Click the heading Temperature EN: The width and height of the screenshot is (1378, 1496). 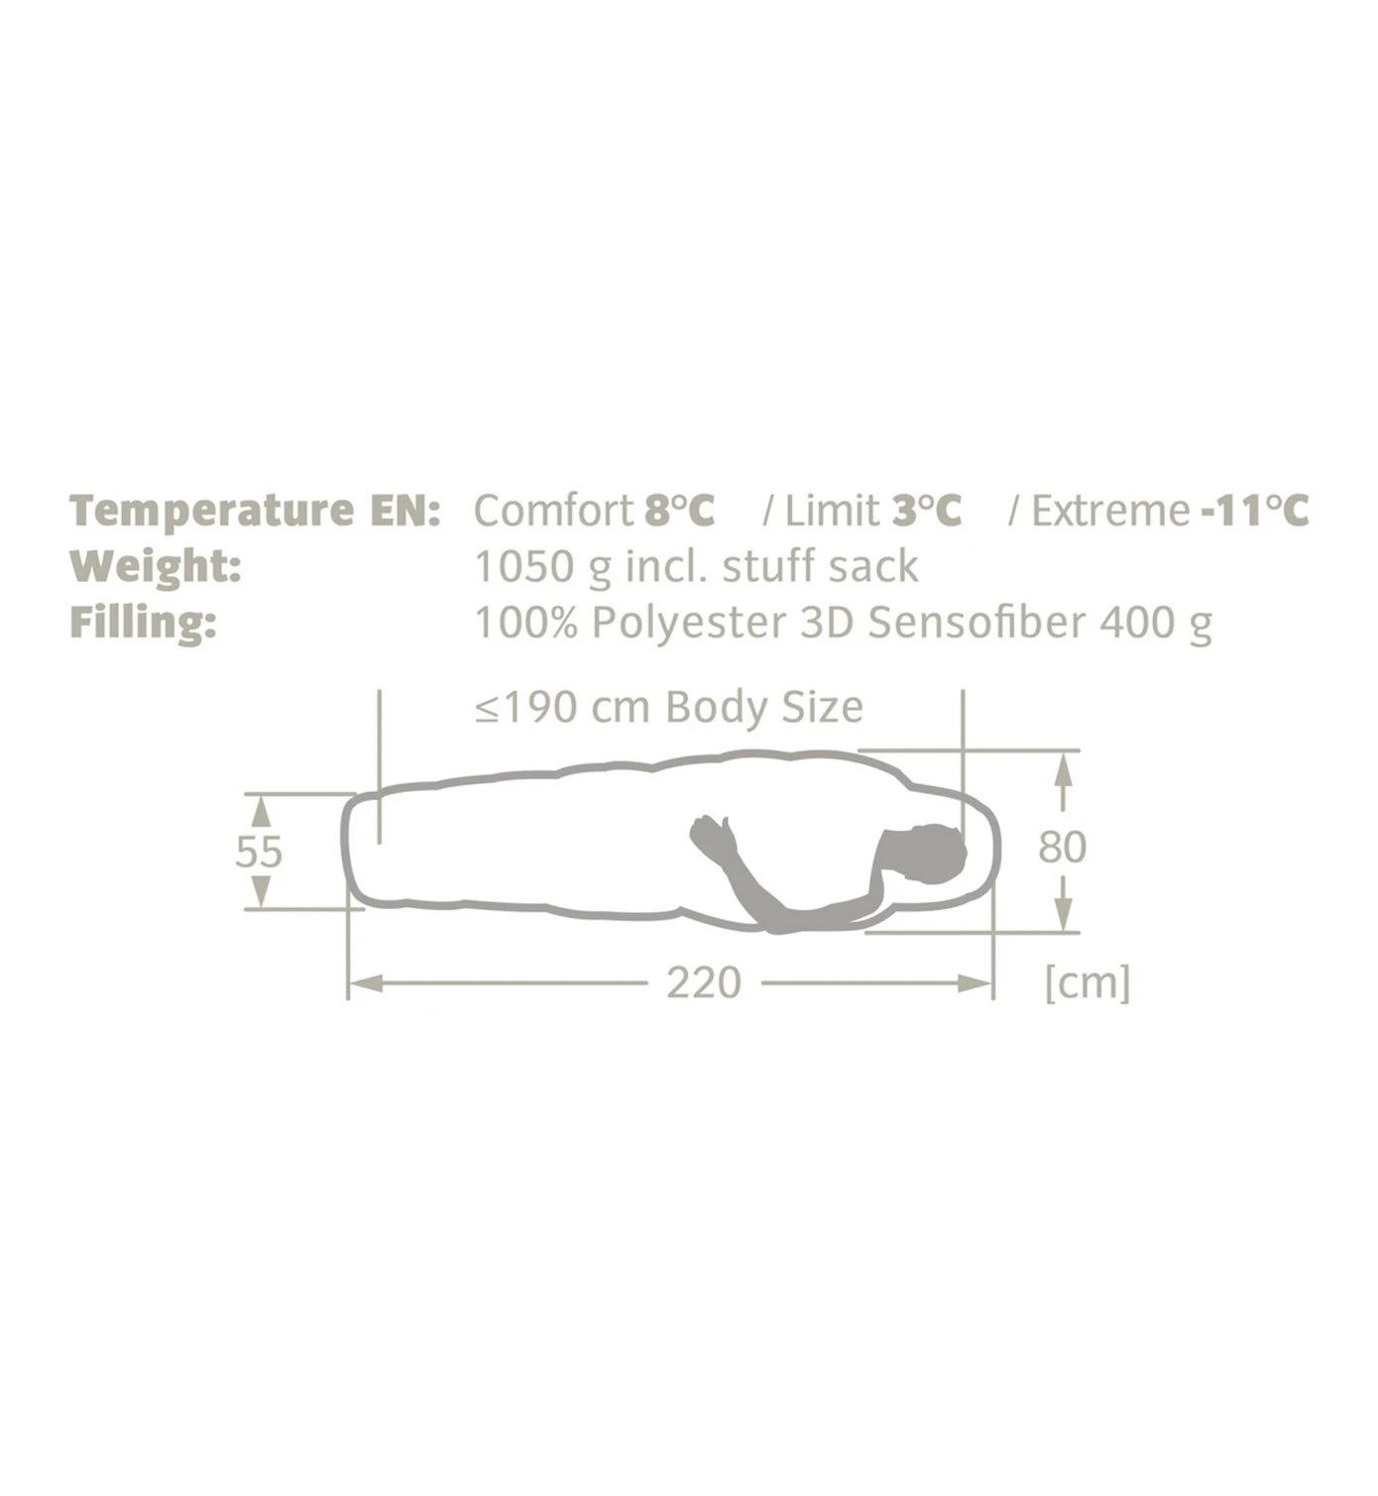[x=255, y=511]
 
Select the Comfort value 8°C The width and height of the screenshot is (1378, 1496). [x=679, y=511]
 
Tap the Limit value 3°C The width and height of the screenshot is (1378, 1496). [x=927, y=511]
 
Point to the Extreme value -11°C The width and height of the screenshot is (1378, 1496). [x=1254, y=511]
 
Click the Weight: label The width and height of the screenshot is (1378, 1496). [x=156, y=567]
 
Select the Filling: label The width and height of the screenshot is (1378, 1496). [x=143, y=623]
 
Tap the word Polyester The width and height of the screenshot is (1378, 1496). [x=689, y=624]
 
